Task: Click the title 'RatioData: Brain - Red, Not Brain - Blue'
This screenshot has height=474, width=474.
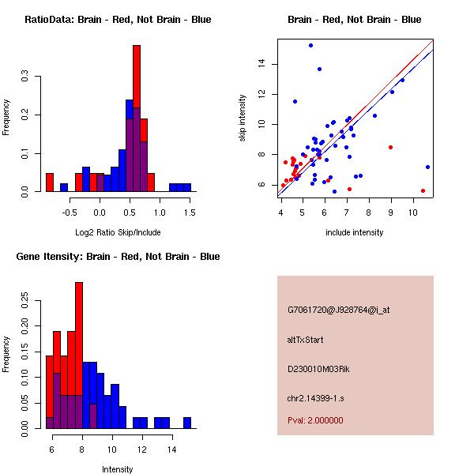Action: click(118, 20)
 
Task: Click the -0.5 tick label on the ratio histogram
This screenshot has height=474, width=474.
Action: click(70, 212)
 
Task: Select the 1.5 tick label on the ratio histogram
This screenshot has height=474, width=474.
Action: click(190, 212)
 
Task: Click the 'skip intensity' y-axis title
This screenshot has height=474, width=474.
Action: click(243, 118)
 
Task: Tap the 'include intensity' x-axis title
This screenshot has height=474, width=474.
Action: click(355, 232)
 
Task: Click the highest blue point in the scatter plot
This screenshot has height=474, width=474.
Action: click(310, 45)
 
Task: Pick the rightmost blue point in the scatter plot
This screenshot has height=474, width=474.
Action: click(427, 167)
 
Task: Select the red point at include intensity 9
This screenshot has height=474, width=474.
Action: click(390, 147)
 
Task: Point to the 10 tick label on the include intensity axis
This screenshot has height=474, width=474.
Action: click(412, 212)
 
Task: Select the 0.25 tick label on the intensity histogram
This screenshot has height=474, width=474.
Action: click(24, 300)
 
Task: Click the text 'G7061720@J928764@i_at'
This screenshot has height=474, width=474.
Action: click(338, 310)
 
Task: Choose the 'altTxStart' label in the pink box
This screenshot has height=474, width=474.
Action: click(305, 340)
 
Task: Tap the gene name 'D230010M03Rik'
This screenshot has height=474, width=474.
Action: click(317, 369)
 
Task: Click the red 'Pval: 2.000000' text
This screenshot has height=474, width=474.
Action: click(315, 420)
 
